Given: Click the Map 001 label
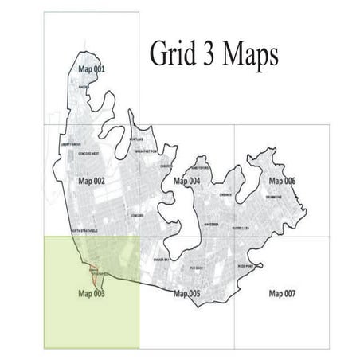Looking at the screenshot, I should pos(91,69).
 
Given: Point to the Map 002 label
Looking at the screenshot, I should pos(92,182).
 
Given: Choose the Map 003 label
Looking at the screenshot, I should pos(92,293).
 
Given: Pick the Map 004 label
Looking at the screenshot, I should pos(186,182).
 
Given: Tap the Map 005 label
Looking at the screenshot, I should pos(186,294).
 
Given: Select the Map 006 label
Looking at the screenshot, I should pos(282,182).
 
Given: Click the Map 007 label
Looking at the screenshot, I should pos(282,294).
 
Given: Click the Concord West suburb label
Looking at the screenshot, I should pos(88,153).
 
